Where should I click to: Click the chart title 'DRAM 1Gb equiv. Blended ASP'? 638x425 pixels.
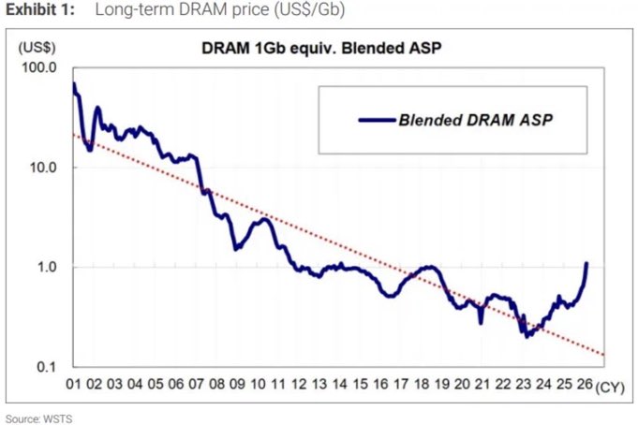[x=321, y=49]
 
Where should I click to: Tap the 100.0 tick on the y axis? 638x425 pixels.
[x=39, y=67]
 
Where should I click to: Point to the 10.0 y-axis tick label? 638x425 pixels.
[x=43, y=168]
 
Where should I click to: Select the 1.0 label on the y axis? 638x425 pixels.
[x=47, y=267]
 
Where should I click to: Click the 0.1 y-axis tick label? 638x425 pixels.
[x=47, y=367]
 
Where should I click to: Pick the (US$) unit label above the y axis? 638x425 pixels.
[x=37, y=48]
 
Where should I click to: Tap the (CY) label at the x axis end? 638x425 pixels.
[x=610, y=388]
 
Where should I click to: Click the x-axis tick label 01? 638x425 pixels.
[x=74, y=384]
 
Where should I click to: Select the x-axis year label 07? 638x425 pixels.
[x=196, y=384]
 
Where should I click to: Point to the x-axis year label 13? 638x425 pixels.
[x=319, y=384]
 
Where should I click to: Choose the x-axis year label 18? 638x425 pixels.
[x=422, y=384]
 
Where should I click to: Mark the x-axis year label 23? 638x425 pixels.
[x=524, y=384]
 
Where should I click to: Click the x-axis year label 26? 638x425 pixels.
[x=585, y=384]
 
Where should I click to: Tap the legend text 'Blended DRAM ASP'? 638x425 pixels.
[x=476, y=120]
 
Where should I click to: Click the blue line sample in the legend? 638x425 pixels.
[x=377, y=120]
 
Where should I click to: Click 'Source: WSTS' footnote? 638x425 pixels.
[x=39, y=418]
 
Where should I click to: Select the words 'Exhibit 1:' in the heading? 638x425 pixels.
[x=40, y=9]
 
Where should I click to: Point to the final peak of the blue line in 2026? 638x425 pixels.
[x=586, y=263]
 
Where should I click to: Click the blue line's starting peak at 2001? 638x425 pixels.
[x=74, y=83]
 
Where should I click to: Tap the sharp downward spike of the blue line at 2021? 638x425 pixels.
[x=481, y=323]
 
